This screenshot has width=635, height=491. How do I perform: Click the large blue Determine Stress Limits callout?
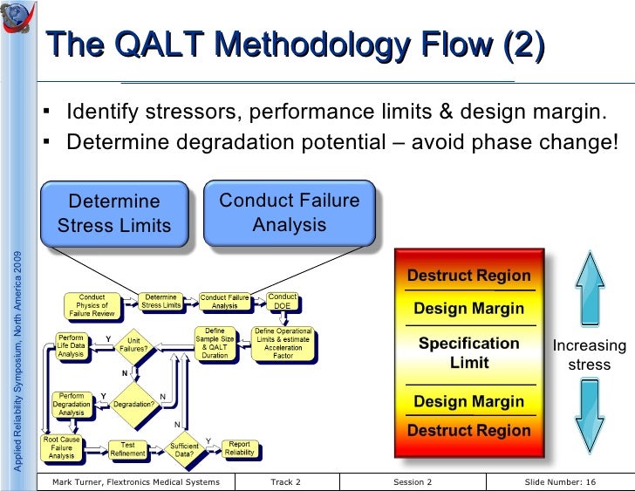tap(114, 214)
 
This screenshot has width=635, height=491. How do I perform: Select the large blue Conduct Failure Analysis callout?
tap(289, 213)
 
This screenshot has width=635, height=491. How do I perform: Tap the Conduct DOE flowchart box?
tap(282, 302)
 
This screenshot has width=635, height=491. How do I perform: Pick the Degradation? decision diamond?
tap(134, 405)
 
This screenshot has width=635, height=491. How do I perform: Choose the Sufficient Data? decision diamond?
tap(184, 450)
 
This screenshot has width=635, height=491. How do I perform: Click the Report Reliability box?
tap(239, 449)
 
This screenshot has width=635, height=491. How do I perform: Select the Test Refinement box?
tap(127, 449)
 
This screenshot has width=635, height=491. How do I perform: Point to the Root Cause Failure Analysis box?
tap(62, 448)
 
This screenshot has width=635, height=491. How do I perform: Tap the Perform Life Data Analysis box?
tap(71, 345)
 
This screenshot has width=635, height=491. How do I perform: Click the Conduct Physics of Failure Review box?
tap(92, 305)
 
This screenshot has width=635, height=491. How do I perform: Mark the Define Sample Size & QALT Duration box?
tap(215, 344)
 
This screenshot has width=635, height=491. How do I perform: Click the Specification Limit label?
tap(468, 352)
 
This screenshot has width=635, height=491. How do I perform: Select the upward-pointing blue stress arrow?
tap(590, 284)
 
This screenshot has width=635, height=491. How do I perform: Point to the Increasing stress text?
tap(590, 355)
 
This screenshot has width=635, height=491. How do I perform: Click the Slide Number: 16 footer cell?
tap(560, 482)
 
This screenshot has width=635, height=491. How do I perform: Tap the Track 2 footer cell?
tap(285, 482)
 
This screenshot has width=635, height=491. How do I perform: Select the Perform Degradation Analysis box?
tap(72, 404)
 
